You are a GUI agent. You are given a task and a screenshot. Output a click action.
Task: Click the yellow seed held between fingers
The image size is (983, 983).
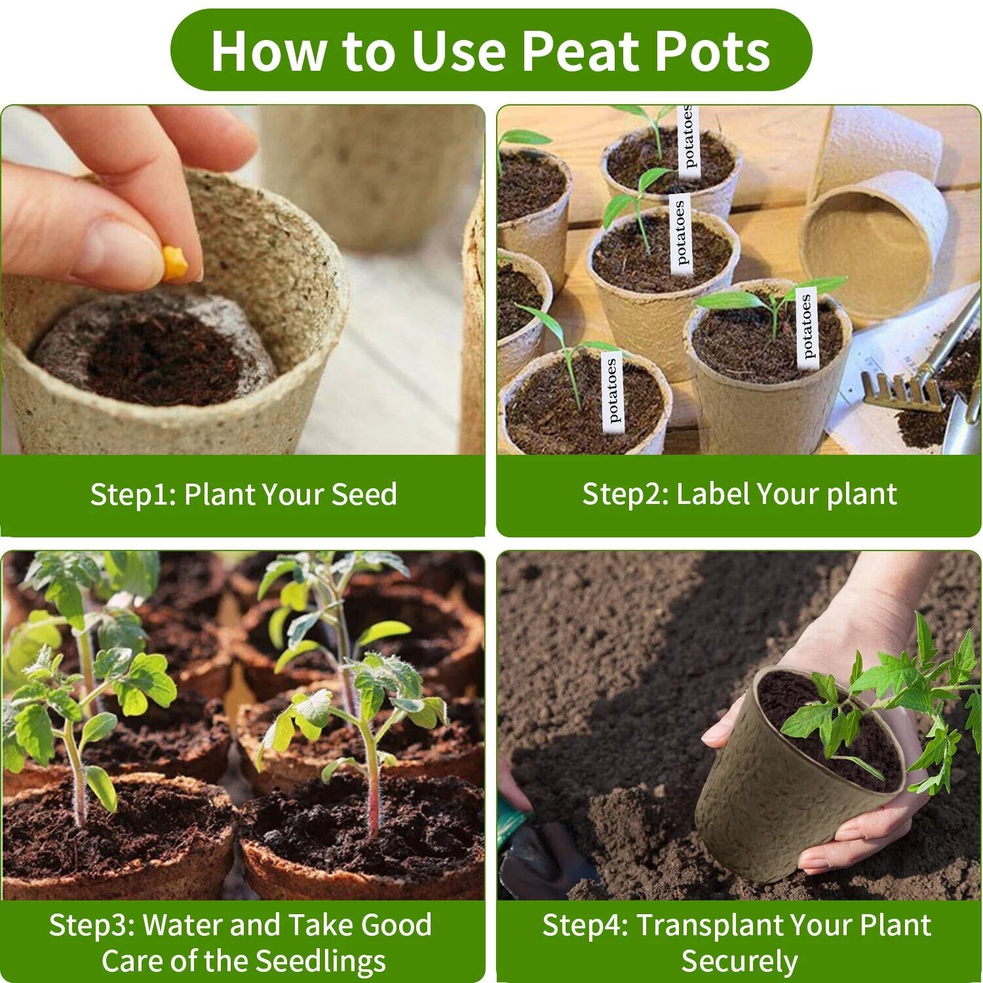click(x=175, y=263)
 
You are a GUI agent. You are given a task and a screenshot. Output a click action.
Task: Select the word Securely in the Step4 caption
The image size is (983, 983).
click(x=739, y=961)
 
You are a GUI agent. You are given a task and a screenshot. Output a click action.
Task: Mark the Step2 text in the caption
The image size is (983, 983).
click(x=625, y=494)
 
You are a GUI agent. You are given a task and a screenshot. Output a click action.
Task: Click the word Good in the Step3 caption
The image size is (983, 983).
click(x=396, y=925)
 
